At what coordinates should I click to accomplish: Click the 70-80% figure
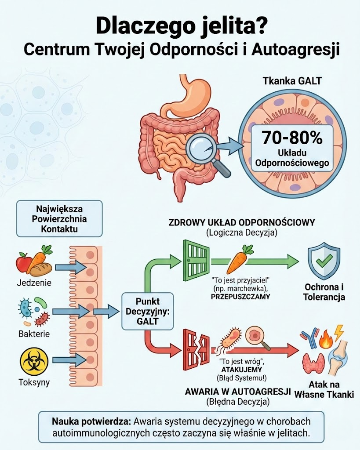[292, 138]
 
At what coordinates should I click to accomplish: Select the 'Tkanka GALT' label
[292, 81]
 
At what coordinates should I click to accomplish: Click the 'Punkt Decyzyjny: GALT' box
[148, 311]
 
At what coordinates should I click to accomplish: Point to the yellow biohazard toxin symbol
[34, 361]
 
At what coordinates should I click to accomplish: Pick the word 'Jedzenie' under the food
[34, 283]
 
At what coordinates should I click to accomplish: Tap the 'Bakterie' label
[34, 334]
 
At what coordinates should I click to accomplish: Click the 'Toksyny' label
[34, 382]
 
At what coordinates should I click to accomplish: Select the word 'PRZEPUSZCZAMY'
[240, 297]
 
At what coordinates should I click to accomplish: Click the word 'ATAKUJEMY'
[242, 370]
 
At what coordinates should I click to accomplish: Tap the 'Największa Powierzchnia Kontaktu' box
[59, 219]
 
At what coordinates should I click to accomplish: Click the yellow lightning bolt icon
[339, 332]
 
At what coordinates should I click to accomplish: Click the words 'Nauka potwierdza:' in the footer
[92, 421]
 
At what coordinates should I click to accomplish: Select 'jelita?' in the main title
[233, 26]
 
